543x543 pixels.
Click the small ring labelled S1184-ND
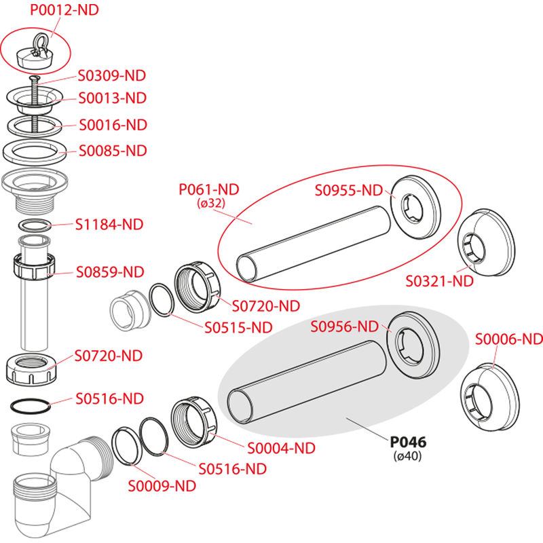click(x=34, y=225)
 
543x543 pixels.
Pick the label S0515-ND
click(x=238, y=327)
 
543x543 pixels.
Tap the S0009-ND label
click(x=162, y=486)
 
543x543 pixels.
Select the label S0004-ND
click(x=281, y=448)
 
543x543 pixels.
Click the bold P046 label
click(x=407, y=442)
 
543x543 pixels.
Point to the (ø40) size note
click(x=407, y=456)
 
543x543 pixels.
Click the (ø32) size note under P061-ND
click(x=210, y=203)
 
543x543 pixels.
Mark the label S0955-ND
click(x=349, y=190)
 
